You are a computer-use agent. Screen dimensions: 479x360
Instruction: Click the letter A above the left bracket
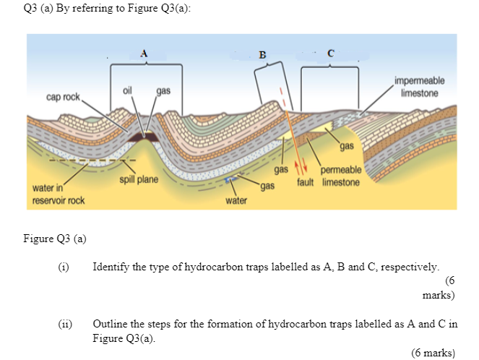[144, 53]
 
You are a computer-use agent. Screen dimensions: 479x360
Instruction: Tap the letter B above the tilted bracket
[262, 55]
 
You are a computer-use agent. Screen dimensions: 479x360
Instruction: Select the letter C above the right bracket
[331, 53]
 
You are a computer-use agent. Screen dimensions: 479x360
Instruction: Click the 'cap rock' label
[63, 97]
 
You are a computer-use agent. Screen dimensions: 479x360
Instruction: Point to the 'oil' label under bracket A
[127, 90]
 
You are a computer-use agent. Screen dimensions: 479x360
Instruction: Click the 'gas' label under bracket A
[163, 91]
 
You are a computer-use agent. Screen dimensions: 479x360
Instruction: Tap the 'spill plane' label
[139, 179]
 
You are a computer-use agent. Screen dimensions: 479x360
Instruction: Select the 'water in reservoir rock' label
[59, 194]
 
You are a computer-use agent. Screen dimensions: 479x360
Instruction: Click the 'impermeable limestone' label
[420, 87]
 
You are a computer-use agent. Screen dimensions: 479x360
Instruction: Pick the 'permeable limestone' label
[341, 176]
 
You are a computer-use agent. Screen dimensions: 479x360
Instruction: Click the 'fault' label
[305, 182]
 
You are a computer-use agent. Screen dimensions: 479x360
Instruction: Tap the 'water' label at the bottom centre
[236, 201]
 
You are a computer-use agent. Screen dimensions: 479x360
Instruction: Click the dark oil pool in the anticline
[143, 137]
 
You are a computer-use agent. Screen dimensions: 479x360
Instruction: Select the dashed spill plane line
[92, 160]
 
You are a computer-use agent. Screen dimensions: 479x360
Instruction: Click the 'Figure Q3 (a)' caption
[55, 239]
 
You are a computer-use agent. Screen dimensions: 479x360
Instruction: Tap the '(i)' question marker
[64, 267]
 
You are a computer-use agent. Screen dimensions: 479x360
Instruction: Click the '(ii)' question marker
[65, 324]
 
